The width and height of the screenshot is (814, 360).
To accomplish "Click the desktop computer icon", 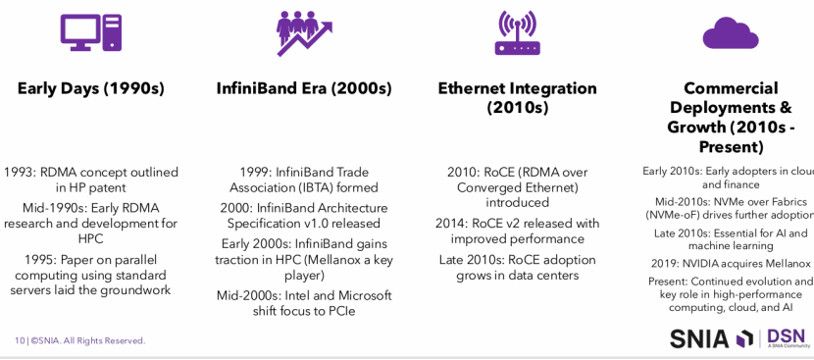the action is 91,32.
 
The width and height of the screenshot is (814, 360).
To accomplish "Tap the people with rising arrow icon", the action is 304,33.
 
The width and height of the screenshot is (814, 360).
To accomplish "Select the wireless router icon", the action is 518,32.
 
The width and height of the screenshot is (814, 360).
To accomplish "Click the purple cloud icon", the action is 731,33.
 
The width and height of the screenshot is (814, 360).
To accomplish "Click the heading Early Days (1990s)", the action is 91,88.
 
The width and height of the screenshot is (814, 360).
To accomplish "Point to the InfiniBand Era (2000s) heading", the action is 304,88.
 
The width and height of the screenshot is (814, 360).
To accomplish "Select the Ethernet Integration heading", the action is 518,98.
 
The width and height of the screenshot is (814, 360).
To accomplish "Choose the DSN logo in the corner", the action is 786,337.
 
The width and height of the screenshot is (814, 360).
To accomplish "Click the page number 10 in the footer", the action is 20,340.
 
